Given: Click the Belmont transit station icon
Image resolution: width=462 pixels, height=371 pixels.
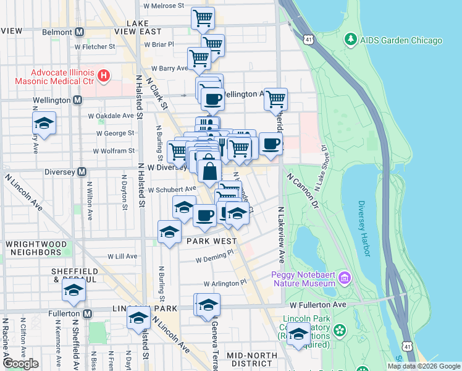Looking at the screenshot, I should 80,31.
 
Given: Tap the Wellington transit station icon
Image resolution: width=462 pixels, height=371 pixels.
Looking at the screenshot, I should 77,100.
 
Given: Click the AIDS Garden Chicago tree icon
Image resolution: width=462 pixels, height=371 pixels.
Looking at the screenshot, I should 351,40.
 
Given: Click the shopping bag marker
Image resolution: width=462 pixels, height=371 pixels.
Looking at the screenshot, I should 210,171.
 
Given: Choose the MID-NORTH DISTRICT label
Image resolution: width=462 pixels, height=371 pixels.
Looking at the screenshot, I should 250,359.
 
